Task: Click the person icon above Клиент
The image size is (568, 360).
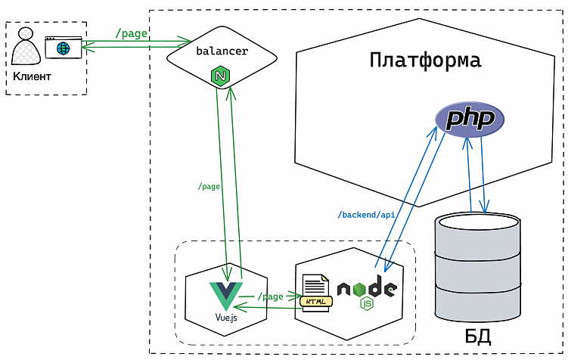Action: click(26, 48)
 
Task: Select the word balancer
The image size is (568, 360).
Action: click(222, 51)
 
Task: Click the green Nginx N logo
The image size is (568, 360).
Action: click(221, 76)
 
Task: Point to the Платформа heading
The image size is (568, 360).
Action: click(425, 60)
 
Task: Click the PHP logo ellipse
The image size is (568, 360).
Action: click(469, 119)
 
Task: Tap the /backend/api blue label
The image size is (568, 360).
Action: click(366, 215)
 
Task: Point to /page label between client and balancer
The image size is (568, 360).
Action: click(131, 33)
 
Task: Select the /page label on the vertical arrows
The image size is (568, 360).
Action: click(209, 186)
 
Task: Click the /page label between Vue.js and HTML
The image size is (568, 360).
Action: click(270, 296)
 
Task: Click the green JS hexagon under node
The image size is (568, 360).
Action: click(367, 304)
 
